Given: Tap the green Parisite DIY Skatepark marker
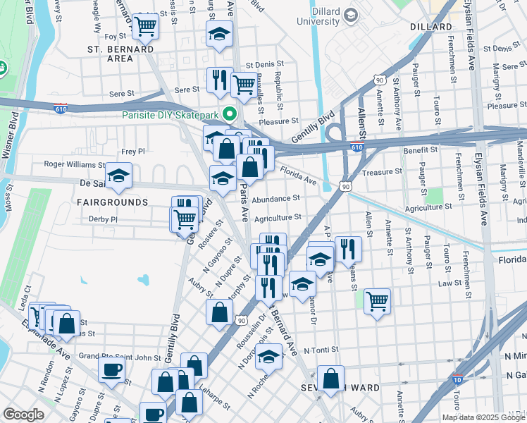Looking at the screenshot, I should click(x=229, y=114).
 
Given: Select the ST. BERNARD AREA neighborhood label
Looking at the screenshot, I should click(x=120, y=54).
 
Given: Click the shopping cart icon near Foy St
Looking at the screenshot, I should click(x=145, y=27).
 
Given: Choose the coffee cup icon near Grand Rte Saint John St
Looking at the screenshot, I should click(x=111, y=369).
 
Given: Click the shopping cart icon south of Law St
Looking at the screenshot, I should click(x=377, y=301).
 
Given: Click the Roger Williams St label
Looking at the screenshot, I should click(x=75, y=164).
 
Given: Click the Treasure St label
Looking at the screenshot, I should click(x=381, y=171).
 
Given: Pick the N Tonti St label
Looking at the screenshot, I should click(x=322, y=350).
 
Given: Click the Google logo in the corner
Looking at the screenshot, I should click(x=24, y=415).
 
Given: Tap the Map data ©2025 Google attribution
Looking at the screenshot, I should click(x=483, y=417).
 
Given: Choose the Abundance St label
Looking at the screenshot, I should click(x=276, y=199).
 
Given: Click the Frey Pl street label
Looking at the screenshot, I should click(x=132, y=151).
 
